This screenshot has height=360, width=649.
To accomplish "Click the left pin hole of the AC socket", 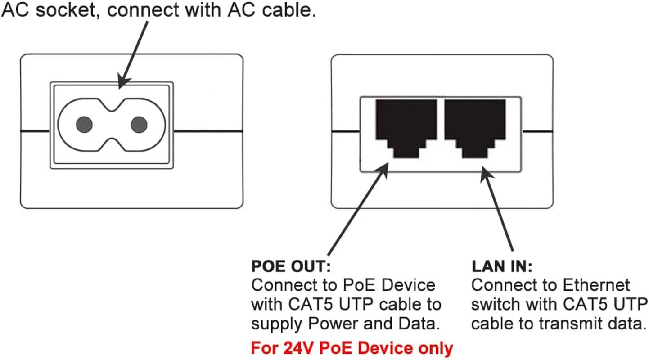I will click(84, 125).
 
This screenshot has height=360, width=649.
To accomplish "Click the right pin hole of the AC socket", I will click(139, 125).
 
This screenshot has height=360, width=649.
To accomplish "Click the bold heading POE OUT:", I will click(291, 266).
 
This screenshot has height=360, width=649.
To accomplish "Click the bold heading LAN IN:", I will click(502, 266).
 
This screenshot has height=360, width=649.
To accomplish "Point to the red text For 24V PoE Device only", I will click(352, 348).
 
